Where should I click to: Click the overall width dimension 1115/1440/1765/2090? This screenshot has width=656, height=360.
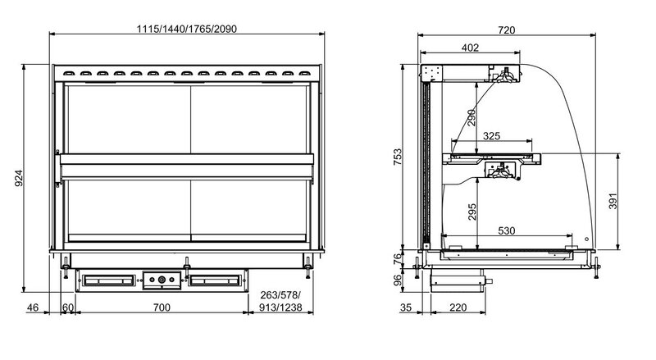click(x=187, y=29)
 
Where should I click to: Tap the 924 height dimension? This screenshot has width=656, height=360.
click(x=19, y=178)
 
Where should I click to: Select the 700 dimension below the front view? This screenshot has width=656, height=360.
click(x=162, y=308)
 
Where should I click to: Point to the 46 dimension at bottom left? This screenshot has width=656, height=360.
click(x=33, y=308)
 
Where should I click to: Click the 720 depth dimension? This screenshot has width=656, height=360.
click(x=506, y=30)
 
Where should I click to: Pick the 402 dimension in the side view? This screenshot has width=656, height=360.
click(x=470, y=48)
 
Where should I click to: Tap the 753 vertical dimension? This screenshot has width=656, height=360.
click(x=398, y=157)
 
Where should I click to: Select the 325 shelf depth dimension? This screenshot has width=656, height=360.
click(x=491, y=136)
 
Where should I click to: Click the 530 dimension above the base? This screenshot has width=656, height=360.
click(x=506, y=230)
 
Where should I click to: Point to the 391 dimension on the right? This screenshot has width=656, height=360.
click(x=613, y=202)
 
